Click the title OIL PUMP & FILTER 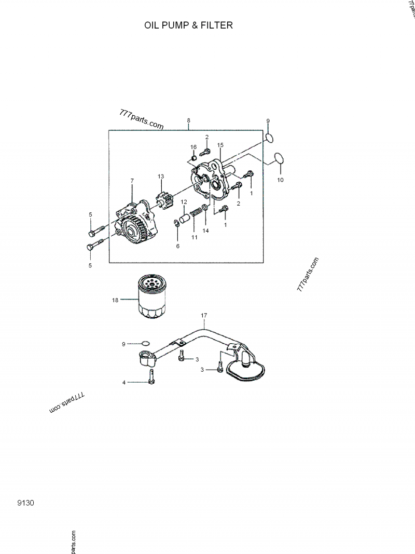(x=189, y=25)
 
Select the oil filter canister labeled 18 (x=151, y=297)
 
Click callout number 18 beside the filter (x=115, y=300)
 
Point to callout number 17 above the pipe (x=204, y=315)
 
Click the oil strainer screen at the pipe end (x=247, y=370)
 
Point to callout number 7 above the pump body (x=132, y=180)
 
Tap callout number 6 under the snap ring (x=177, y=246)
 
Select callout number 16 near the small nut (x=193, y=147)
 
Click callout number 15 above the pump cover (x=220, y=145)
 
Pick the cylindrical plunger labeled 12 (x=184, y=216)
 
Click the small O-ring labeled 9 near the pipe (x=145, y=343)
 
